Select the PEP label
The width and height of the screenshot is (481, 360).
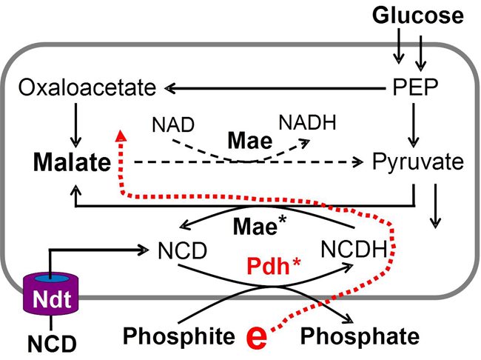pos(414,90)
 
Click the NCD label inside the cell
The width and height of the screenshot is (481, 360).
pos(181,251)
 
